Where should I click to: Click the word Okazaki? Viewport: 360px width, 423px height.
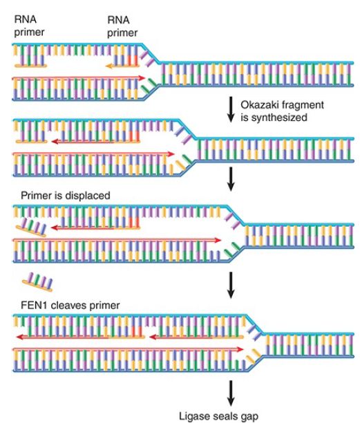259,104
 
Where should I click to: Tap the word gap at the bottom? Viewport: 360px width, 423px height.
249,417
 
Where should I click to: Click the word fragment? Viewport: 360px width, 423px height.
302,105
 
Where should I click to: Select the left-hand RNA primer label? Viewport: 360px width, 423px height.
29,26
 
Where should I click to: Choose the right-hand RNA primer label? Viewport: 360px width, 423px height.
122,26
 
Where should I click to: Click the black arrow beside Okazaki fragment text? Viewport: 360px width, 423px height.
231,109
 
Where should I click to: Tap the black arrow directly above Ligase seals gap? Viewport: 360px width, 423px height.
231,393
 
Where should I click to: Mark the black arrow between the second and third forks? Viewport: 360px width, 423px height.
231,179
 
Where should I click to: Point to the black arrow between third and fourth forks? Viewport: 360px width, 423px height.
231,285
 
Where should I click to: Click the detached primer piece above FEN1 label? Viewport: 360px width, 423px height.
38,282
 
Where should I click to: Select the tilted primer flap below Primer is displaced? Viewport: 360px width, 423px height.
31,228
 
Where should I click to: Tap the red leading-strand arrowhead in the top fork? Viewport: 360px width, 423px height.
142,78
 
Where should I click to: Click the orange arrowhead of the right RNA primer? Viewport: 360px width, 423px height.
109,66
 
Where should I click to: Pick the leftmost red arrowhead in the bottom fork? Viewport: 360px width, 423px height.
19,337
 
